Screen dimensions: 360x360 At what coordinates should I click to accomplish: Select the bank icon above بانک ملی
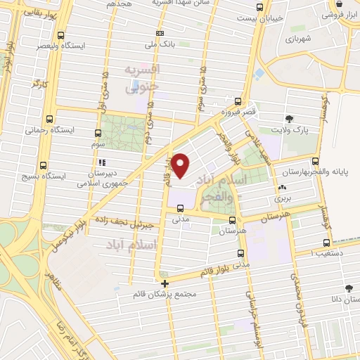coord(160,33)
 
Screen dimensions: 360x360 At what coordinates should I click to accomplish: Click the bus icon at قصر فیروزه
coord(238,101)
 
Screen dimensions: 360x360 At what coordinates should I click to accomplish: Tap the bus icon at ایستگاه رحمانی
coord(48,119)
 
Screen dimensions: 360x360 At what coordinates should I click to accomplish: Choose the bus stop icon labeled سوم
coord(98,132)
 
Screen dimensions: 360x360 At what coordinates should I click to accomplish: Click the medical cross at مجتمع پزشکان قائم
coord(165,283)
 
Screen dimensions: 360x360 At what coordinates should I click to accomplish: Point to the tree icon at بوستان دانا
coord(349,288)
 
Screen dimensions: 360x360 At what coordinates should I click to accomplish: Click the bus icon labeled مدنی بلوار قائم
coord(241,253)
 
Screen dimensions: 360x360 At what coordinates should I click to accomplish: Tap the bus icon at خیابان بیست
coord(259,7)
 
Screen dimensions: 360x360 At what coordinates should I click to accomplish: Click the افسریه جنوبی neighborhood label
coord(143,78)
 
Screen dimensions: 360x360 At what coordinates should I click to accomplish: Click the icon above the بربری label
coord(282,188)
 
